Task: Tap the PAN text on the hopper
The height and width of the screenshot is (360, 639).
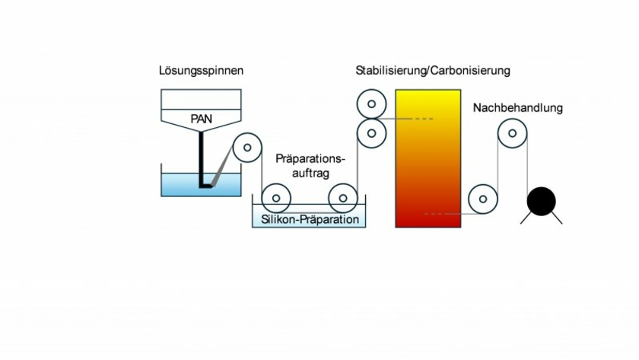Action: coord(201,119)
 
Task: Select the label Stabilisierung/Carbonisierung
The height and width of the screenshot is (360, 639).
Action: coord(432,71)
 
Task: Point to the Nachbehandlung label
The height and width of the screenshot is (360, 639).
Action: coord(517,108)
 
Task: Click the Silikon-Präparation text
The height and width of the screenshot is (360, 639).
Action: coord(309,219)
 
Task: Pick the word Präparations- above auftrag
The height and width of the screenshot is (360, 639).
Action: coord(310,159)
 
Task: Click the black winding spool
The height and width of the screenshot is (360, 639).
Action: coord(542,202)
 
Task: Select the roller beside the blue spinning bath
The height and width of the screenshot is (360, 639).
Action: coord(247,148)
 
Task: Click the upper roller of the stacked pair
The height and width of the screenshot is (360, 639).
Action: coord(371,104)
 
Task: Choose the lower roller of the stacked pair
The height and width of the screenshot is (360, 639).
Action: coord(371,133)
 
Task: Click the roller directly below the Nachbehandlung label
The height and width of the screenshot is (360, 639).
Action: coord(512,135)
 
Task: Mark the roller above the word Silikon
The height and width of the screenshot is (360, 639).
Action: coord(275,199)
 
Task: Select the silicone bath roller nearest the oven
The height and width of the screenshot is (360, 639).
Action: coord(343,199)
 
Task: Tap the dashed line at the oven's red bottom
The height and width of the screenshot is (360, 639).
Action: coord(436,214)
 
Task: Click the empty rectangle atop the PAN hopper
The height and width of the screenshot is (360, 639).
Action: coord(201,99)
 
